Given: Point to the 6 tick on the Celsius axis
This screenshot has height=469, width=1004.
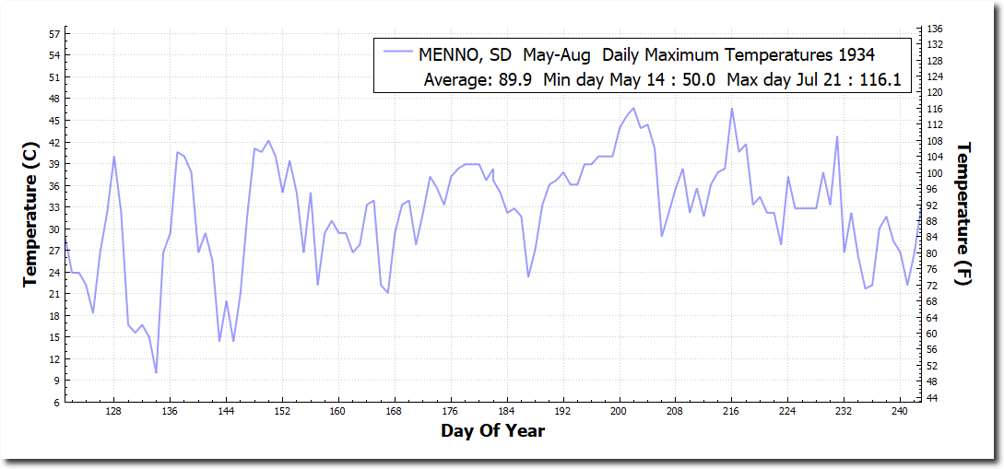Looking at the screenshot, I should pyautogui.click(x=56, y=403).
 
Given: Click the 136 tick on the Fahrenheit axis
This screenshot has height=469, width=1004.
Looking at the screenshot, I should pyautogui.click(x=933, y=30).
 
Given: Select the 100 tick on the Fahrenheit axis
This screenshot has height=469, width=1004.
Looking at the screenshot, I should pyautogui.click(x=933, y=173).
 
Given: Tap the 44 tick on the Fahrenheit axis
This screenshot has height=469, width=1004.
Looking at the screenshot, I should pyautogui.click(x=930, y=397).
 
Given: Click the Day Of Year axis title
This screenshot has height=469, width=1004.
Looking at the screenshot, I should pyautogui.click(x=492, y=431).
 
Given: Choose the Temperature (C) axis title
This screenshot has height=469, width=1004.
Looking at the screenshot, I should pyautogui.click(x=30, y=215).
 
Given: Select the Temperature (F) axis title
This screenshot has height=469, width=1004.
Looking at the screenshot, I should pyautogui.click(x=964, y=214).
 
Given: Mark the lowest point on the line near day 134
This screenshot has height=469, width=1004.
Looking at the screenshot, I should pyautogui.click(x=156, y=372).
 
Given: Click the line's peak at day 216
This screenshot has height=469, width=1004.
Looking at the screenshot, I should pyautogui.click(x=732, y=109).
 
